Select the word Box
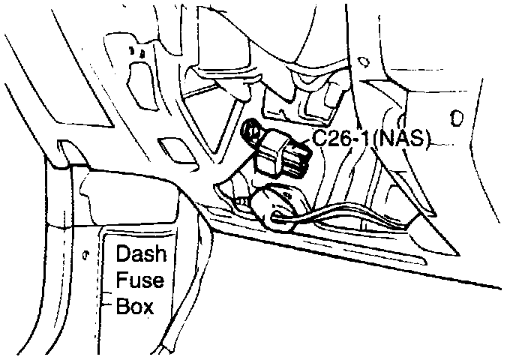coord(134,307)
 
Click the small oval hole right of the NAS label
coord(455,118)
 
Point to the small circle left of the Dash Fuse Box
coord(88,254)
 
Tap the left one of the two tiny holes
coord(133,52)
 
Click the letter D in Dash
coord(123,253)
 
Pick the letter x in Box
coord(147,307)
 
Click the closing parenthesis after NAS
coord(425,139)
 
